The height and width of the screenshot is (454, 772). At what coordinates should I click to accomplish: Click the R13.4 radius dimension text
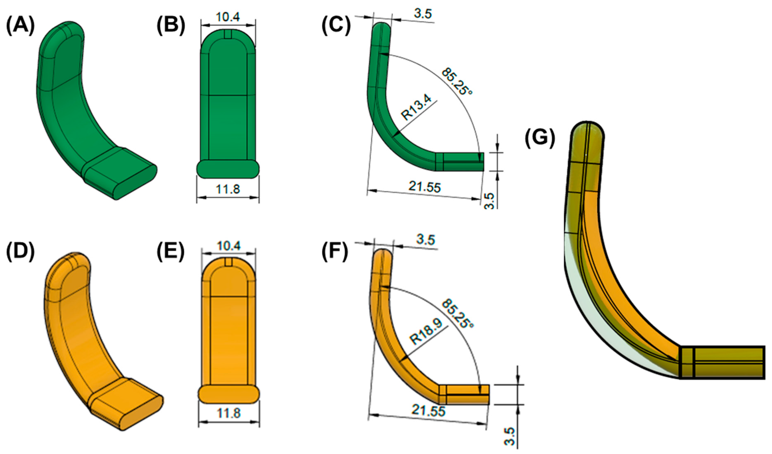coord(417,107)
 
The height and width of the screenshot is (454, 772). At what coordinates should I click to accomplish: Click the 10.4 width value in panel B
coord(228,17)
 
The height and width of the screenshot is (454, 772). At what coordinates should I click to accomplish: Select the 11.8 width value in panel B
coord(228,189)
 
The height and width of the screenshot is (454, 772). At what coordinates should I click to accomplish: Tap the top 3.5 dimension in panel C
coord(422,14)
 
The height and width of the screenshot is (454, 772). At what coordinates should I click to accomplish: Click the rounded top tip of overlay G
coord(587,129)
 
